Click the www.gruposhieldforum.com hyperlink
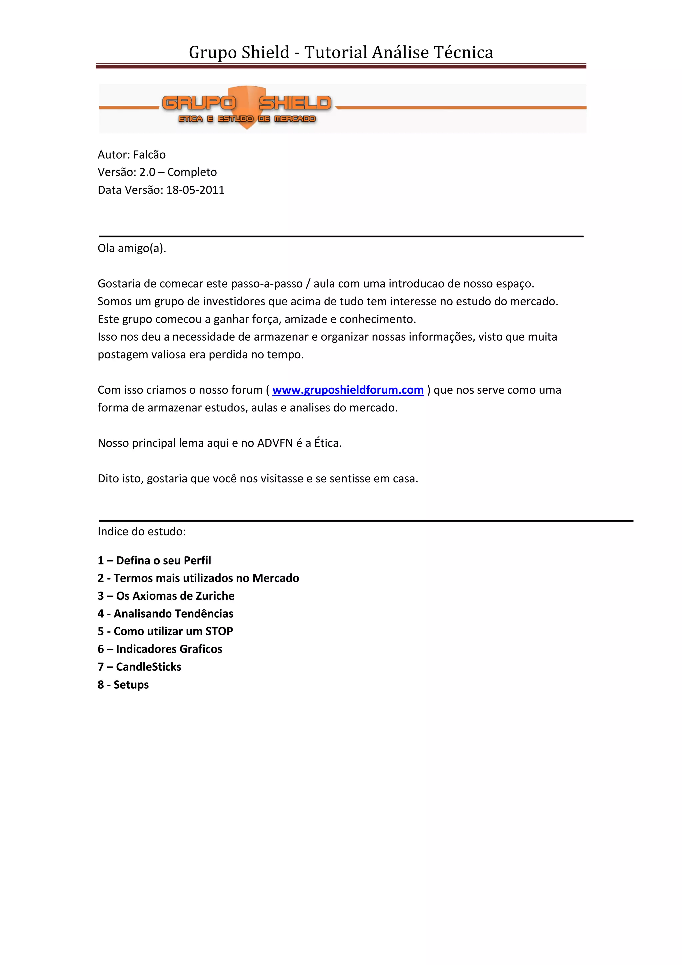tap(348, 390)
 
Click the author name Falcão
tap(149, 155)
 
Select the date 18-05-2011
tap(195, 190)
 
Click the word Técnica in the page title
tap(463, 52)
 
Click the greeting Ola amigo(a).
tap(132, 248)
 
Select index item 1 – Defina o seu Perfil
tap(154, 561)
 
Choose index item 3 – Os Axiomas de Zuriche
tap(166, 596)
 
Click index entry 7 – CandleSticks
tap(140, 667)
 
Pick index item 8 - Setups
tap(123, 685)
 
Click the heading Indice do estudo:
tap(142, 532)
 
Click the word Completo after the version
tap(192, 172)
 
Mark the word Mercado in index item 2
tap(276, 578)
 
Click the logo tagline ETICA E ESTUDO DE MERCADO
tap(247, 119)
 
